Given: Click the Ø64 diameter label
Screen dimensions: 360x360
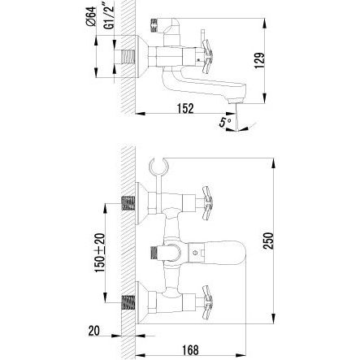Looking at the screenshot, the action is point(91,16).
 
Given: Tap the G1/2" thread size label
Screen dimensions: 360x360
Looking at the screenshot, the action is point(110,17).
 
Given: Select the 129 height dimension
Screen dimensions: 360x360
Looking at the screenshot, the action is point(259,61).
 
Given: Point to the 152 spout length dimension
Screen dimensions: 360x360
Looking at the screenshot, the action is point(185,108).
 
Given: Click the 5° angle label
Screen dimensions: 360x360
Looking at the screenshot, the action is point(225,123).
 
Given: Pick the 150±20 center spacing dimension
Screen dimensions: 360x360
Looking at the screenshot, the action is point(100,253).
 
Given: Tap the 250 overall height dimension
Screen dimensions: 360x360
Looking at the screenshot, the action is point(268,241).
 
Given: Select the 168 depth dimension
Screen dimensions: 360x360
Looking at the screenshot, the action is point(189,349).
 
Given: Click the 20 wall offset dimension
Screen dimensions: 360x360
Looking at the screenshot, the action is point(94,331).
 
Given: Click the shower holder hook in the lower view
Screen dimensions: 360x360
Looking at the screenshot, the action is point(158,166).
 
